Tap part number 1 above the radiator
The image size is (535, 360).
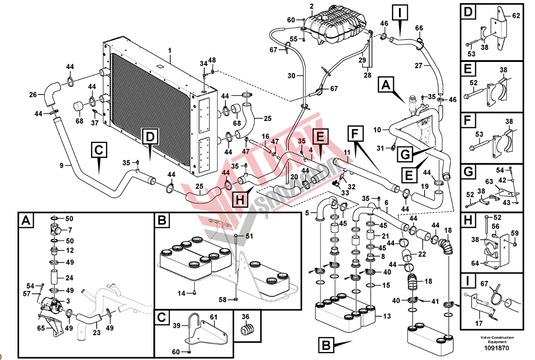170,51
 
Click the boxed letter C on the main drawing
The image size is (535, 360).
99,150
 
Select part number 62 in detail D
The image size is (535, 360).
516,16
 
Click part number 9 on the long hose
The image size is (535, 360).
62,166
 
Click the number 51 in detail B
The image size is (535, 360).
249,236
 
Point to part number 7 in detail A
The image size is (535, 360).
70,230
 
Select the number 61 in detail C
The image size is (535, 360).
214,317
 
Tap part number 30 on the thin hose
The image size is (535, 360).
291,76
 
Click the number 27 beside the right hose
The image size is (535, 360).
419,65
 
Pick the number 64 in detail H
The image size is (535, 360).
475,263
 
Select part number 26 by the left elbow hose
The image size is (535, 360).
33,94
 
